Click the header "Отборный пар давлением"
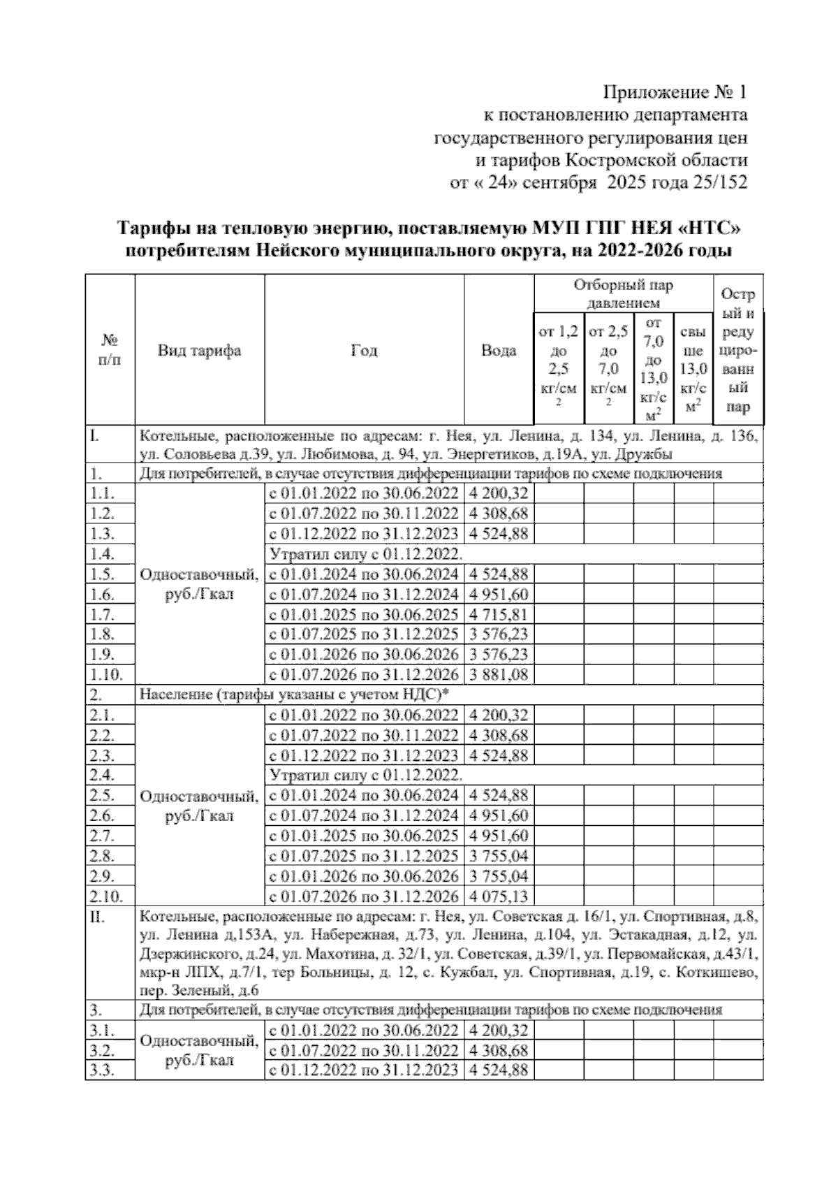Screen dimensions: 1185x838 click(x=623, y=294)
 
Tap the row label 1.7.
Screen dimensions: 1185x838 click(x=103, y=615)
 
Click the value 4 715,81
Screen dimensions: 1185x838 click(x=499, y=615)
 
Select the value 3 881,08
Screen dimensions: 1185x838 click(x=499, y=675)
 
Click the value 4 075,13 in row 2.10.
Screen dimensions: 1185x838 click(x=499, y=896)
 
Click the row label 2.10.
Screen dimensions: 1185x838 click(x=106, y=896)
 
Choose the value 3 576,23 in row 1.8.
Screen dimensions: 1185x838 click(x=499, y=634)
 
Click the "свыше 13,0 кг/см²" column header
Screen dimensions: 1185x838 click(x=693, y=368)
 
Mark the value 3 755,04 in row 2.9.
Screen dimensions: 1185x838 click(x=499, y=876)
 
